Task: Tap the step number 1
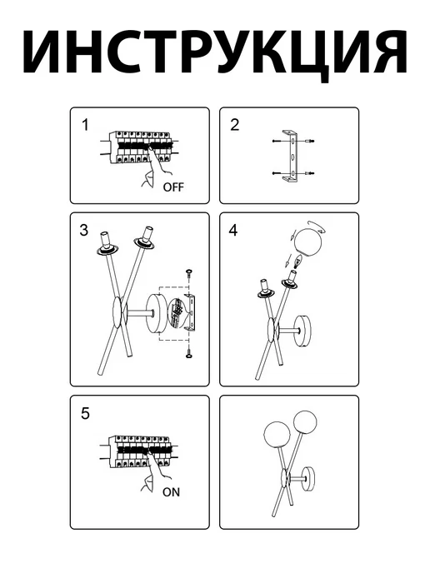click(85, 125)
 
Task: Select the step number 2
click(235, 125)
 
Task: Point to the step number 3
click(83, 230)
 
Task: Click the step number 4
click(233, 230)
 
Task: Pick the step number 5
click(85, 414)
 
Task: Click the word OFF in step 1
click(173, 187)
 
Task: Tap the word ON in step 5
click(171, 492)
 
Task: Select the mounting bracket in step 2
click(292, 156)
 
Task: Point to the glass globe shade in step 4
click(307, 242)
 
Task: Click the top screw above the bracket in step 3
click(189, 273)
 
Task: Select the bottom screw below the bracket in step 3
click(189, 353)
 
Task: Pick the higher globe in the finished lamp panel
click(305, 423)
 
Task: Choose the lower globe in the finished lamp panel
click(277, 435)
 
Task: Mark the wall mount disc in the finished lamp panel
click(310, 476)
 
